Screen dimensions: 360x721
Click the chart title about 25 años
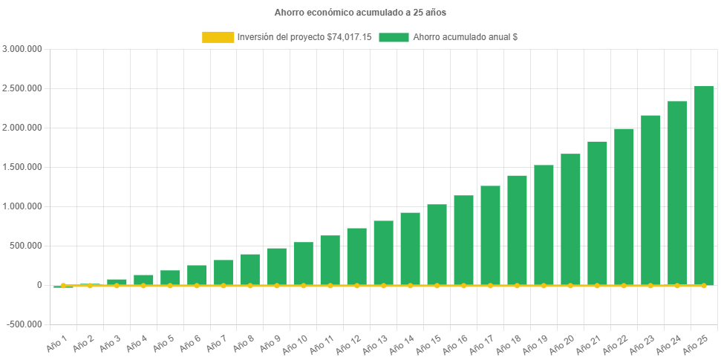pyautogui.click(x=360, y=13)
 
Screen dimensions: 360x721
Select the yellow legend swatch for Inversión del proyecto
pyautogui.click(x=218, y=37)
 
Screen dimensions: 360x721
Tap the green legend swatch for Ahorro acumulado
pyautogui.click(x=394, y=37)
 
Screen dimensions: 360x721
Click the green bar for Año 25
pyautogui.click(x=703, y=186)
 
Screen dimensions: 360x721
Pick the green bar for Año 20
pyautogui.click(x=570, y=219)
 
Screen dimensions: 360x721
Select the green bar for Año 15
pyautogui.click(x=437, y=244)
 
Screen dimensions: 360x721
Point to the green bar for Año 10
pyautogui.click(x=303, y=263)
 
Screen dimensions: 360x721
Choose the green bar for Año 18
pyautogui.click(x=517, y=230)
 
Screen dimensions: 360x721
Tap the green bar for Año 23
pyautogui.click(x=650, y=200)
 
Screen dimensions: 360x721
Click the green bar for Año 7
pyautogui.click(x=224, y=272)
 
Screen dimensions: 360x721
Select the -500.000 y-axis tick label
pyautogui.click(x=25, y=324)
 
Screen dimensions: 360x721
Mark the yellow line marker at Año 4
pyautogui.click(x=143, y=285)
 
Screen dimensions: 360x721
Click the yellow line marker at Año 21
pyautogui.click(x=597, y=285)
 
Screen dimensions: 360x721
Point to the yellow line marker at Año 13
pyautogui.click(x=383, y=285)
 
